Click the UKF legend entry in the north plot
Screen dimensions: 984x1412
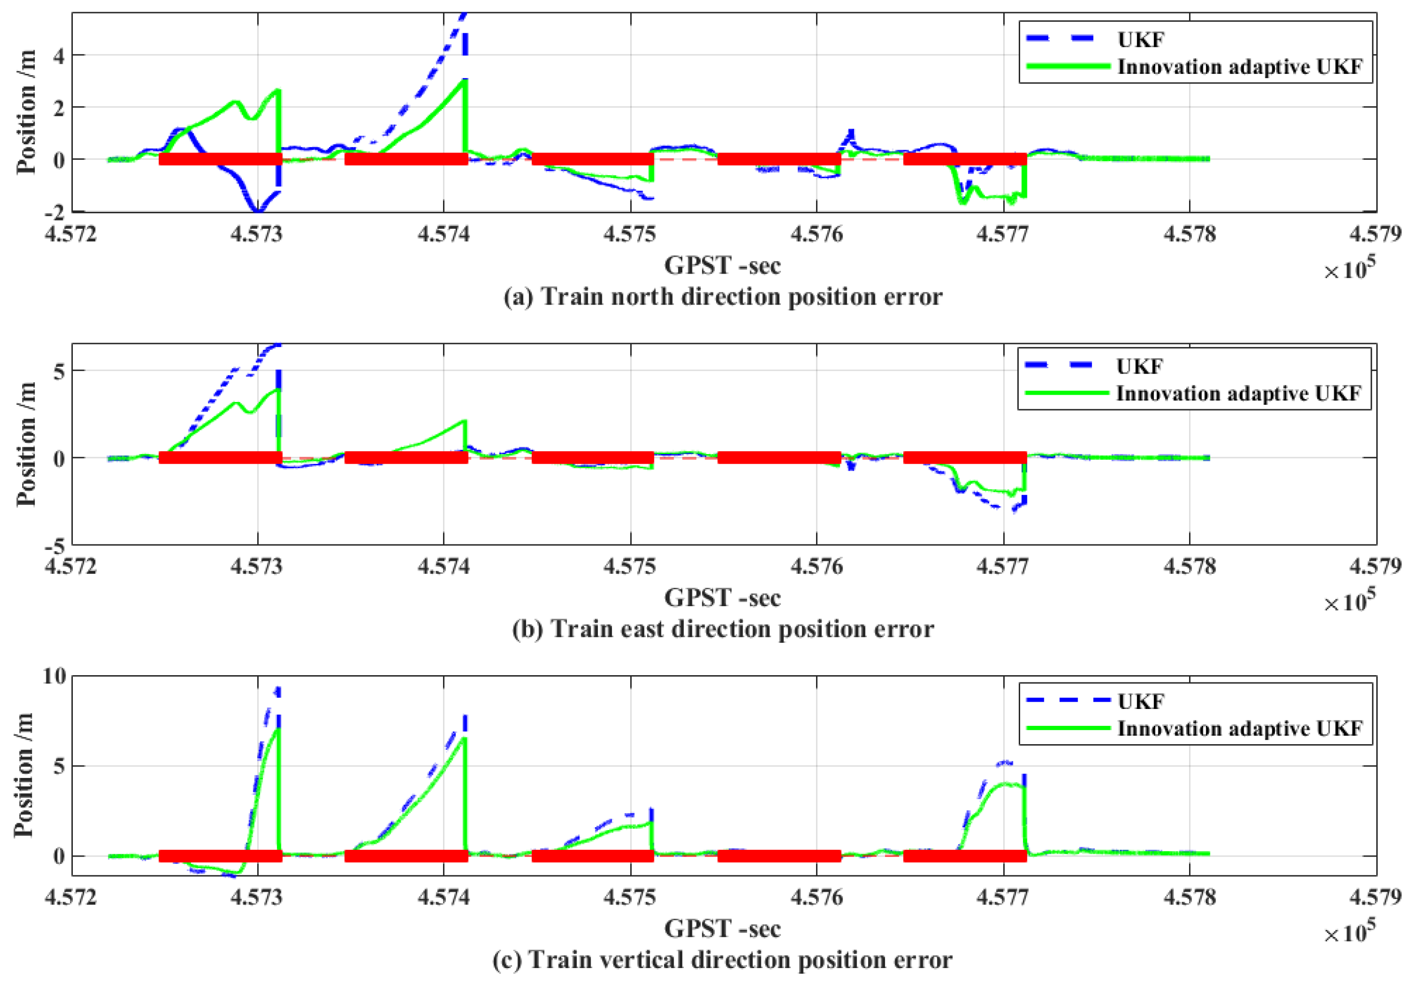click(x=1140, y=40)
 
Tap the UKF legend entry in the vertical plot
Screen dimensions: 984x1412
click(x=1140, y=702)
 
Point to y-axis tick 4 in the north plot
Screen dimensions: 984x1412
click(x=58, y=56)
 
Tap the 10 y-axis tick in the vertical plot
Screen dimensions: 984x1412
click(x=54, y=677)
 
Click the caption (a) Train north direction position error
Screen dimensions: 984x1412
click(x=722, y=297)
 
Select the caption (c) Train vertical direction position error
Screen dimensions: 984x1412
click(x=722, y=960)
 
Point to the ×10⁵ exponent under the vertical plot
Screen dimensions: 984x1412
click(x=1349, y=933)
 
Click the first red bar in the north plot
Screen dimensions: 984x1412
click(x=220, y=159)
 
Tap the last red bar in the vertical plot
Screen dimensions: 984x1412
click(x=965, y=856)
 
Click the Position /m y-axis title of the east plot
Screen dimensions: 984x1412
click(x=26, y=444)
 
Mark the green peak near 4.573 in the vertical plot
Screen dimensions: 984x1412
click(x=278, y=730)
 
